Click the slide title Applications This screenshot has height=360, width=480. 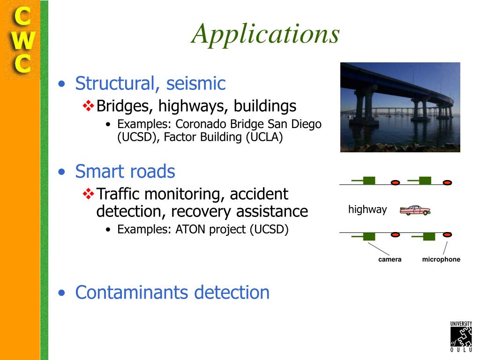(265, 34)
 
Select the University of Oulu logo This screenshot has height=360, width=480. (461, 337)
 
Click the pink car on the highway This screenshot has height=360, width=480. (415, 210)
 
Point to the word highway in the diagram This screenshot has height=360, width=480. (367, 210)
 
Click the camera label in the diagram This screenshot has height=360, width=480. (390, 259)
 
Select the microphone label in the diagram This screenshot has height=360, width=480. (441, 259)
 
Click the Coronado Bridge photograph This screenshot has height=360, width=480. (400, 107)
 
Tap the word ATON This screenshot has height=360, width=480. (191, 229)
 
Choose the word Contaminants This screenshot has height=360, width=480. (132, 292)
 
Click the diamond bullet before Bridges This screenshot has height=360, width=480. (88, 106)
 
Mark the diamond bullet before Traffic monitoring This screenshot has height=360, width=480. (88, 194)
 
